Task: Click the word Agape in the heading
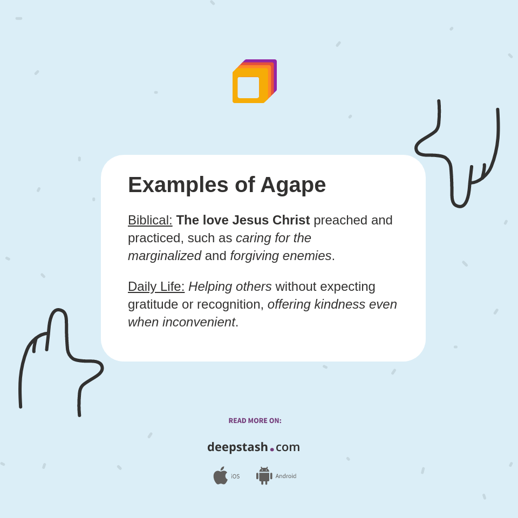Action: [x=293, y=185]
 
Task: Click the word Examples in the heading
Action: [x=178, y=185]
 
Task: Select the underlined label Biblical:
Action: [x=150, y=220]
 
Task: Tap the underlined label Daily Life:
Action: [x=156, y=287]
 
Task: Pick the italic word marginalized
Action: [x=165, y=256]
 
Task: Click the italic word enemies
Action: [x=308, y=256]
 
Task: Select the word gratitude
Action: [x=153, y=304]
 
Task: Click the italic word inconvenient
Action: [x=199, y=322]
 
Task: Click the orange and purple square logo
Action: [x=254, y=81]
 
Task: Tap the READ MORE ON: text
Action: [x=255, y=421]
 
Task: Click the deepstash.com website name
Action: [x=254, y=447]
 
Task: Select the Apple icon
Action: [x=220, y=475]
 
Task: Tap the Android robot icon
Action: [x=264, y=475]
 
